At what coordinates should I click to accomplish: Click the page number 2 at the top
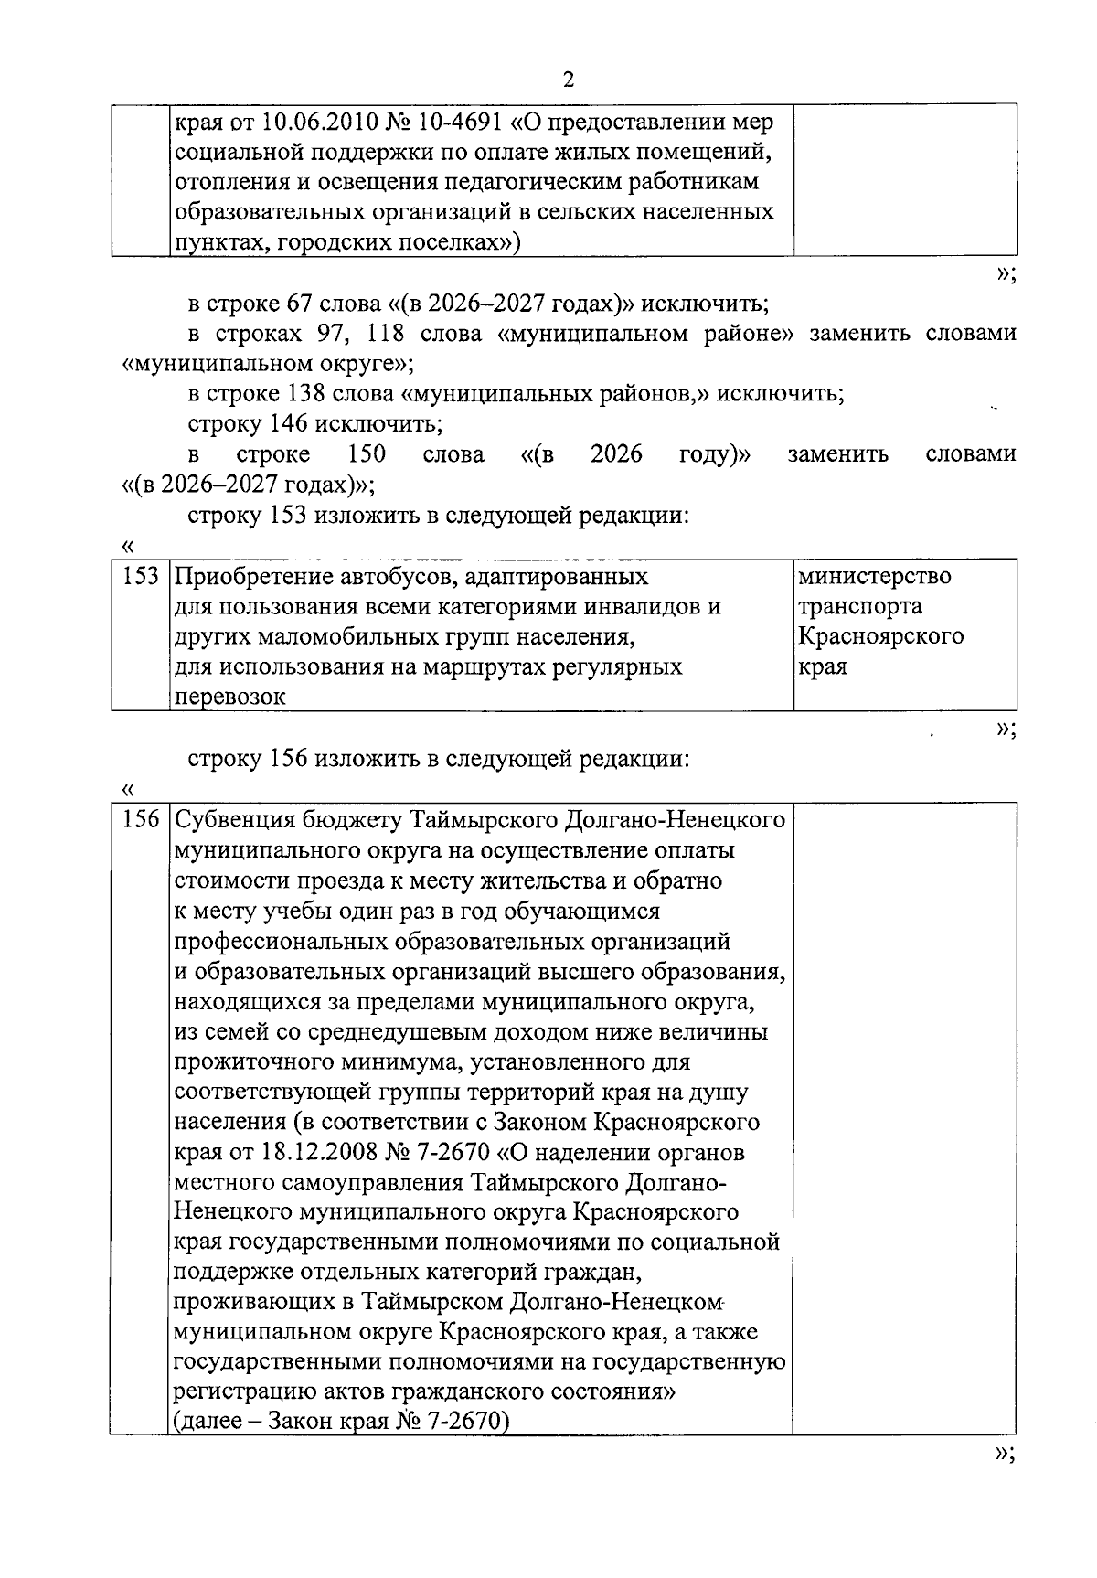pos(568,80)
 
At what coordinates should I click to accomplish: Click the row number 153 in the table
pos(141,577)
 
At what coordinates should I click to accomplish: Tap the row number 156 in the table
pos(141,819)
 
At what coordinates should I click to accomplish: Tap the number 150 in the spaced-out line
pos(366,454)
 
